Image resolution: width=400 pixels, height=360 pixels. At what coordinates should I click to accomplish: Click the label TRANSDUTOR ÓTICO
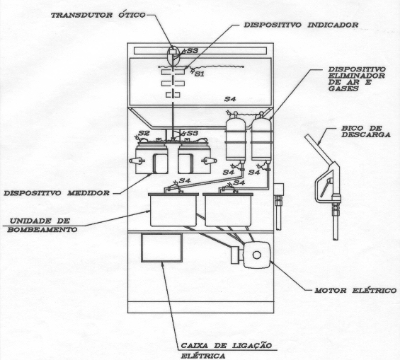pos(98,15)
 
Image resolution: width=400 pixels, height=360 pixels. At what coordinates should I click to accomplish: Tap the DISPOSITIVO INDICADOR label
pos(302,25)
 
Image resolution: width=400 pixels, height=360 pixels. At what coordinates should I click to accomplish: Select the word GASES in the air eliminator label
pos(343,88)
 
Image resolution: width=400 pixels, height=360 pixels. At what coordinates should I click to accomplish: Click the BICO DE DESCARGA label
pos(365,132)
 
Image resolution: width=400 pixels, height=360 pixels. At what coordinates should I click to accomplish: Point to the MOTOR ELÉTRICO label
pos(355,291)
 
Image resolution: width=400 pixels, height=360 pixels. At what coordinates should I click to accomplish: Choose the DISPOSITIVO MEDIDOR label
pos(57,193)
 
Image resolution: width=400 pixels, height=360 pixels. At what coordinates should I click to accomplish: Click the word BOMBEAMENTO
pos(42,230)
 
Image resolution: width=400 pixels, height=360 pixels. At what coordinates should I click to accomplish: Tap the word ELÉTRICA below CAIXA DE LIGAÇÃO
pos(203,356)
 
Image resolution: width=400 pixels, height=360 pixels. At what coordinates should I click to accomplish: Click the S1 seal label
pos(200,74)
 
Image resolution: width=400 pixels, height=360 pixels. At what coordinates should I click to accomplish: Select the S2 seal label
pos(144,133)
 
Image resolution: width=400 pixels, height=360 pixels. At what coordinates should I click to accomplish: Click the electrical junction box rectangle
pos(161,248)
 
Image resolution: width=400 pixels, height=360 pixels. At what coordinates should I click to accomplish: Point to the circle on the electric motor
pos(256,255)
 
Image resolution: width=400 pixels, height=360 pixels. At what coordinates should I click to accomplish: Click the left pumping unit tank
pos(173,209)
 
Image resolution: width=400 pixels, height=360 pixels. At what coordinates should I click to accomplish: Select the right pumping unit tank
pos(227,209)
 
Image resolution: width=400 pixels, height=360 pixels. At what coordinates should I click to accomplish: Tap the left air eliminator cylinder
pos(235,138)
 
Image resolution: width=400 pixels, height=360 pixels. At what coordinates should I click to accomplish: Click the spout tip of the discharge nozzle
pos(336,239)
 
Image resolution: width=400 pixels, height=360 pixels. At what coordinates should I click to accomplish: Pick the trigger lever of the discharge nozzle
pos(326,187)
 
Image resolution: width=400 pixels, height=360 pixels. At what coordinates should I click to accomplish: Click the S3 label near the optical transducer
pos(193,50)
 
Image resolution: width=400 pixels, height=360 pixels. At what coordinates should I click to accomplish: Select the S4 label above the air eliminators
pos(230,99)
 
